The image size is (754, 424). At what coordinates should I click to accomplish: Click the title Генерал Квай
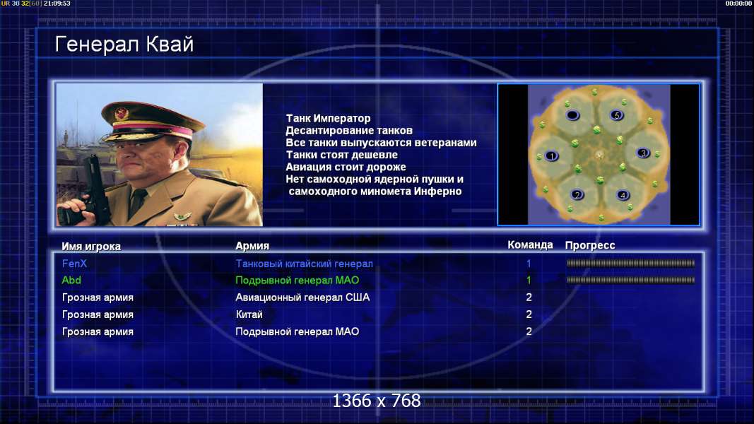(x=124, y=45)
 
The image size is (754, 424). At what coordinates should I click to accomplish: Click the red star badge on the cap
(x=121, y=114)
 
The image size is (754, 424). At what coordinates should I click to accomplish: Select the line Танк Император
(x=328, y=118)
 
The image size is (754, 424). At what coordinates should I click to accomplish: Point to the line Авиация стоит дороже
(x=346, y=167)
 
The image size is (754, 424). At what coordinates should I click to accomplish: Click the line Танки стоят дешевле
(x=342, y=155)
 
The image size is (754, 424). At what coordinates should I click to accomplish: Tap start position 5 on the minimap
(x=616, y=115)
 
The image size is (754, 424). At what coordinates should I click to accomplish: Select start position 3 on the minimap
(x=643, y=153)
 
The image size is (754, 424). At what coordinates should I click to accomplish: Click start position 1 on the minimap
(x=552, y=155)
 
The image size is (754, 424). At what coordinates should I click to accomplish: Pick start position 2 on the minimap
(x=577, y=195)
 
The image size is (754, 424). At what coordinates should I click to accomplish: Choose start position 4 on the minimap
(x=623, y=195)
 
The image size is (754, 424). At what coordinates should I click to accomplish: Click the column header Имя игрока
(x=91, y=246)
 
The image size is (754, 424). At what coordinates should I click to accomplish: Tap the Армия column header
(x=252, y=246)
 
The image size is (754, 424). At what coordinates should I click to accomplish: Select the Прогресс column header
(x=590, y=245)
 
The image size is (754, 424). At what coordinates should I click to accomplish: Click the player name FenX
(x=74, y=264)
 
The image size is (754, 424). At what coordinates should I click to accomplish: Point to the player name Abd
(x=71, y=281)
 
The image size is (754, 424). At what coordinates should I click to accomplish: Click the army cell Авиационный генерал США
(x=302, y=298)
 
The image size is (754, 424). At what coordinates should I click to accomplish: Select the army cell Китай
(x=249, y=314)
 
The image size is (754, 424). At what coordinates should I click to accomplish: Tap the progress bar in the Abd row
(x=630, y=280)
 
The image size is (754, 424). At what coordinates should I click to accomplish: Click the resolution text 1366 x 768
(x=377, y=401)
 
